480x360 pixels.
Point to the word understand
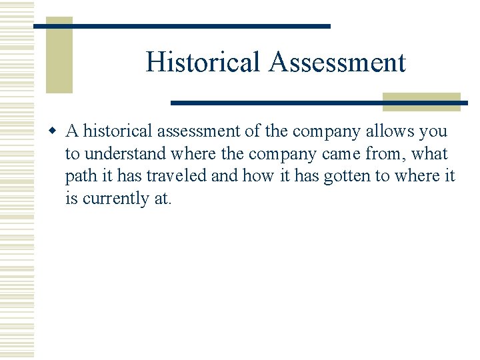123,154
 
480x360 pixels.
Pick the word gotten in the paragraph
349,176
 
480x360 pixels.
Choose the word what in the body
430,154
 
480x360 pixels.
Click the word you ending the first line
433,131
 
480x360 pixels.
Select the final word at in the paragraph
162,198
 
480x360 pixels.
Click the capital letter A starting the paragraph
72,131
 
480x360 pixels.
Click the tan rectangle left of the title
59,55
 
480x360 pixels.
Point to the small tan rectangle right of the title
421,101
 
